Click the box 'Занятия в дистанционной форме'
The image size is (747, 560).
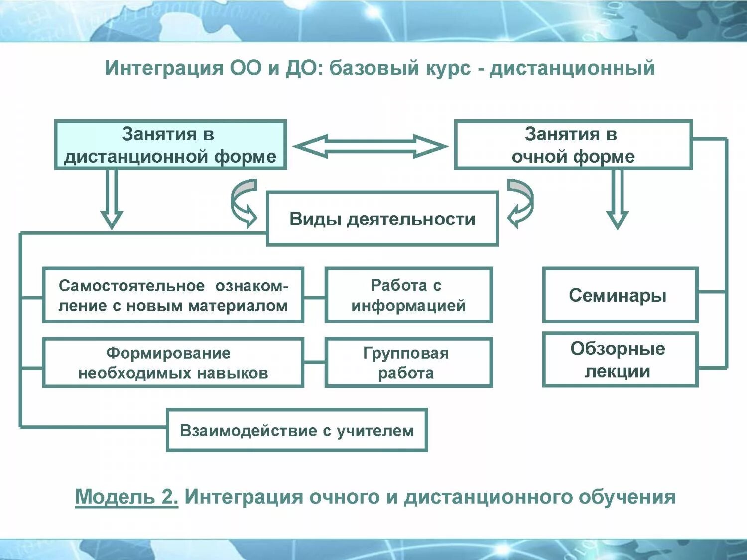[170, 145]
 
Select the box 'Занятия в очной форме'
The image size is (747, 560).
[573, 145]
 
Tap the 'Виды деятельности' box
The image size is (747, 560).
[382, 219]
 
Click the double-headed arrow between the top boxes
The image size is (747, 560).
[371, 147]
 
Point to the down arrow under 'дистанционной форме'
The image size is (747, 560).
[112, 199]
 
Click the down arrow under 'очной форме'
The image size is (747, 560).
[618, 199]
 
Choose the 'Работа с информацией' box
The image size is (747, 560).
[408, 295]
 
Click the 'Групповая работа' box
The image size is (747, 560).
[408, 363]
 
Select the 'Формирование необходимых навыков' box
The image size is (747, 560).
[173, 363]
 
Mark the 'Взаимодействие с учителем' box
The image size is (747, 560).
[297, 430]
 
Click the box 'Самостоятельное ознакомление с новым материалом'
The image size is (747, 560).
[173, 295]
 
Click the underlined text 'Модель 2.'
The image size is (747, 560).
[126, 497]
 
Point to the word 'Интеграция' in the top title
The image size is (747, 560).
[164, 68]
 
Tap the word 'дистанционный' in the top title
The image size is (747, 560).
[572, 68]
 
